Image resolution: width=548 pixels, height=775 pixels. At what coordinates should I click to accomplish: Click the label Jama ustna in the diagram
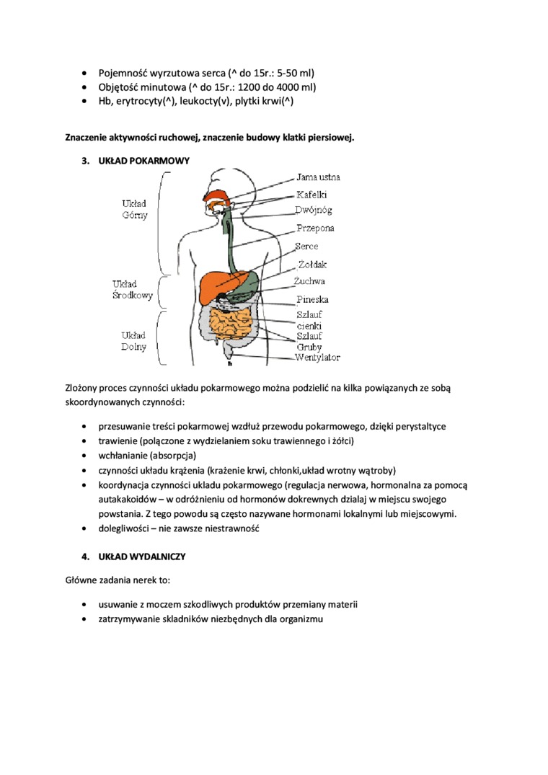point(318,177)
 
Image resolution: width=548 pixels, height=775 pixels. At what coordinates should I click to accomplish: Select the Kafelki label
point(311,195)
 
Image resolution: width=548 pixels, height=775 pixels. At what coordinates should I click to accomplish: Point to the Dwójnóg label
point(313,211)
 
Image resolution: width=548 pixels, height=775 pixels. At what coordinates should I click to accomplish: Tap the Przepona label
point(315,229)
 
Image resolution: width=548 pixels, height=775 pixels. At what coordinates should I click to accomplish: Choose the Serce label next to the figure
point(306,247)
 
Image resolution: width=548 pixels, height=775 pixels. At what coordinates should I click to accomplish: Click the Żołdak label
point(312,265)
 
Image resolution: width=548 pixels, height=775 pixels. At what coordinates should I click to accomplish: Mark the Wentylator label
point(317,358)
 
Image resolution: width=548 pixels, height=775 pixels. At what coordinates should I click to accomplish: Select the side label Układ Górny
point(134,209)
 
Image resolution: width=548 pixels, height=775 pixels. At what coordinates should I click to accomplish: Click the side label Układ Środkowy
point(133,290)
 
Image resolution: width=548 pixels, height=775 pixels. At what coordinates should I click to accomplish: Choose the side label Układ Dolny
point(134,341)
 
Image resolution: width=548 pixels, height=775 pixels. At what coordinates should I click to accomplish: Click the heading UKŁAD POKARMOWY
point(143,161)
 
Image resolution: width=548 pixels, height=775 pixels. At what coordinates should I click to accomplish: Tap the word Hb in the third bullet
point(105,102)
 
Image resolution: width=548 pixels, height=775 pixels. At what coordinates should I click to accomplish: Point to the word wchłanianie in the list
point(123,456)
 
